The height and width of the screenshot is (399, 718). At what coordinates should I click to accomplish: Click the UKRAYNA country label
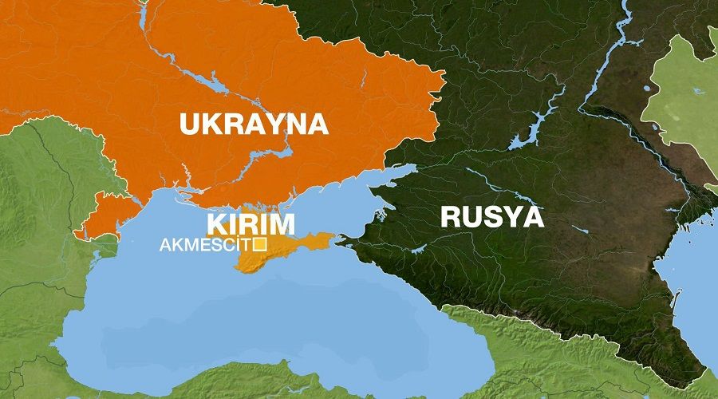[254, 124]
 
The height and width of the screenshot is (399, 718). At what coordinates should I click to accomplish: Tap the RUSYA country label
[492, 216]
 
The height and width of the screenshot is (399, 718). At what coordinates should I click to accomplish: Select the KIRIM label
[251, 223]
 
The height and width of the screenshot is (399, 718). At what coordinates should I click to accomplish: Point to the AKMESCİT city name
[205, 244]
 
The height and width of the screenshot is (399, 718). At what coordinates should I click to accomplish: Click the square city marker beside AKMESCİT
[258, 244]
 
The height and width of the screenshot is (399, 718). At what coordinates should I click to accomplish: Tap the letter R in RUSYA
[453, 216]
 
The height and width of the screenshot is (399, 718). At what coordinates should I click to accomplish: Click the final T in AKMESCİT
[246, 244]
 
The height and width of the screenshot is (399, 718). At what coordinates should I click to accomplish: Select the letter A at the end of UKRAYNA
[317, 124]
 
